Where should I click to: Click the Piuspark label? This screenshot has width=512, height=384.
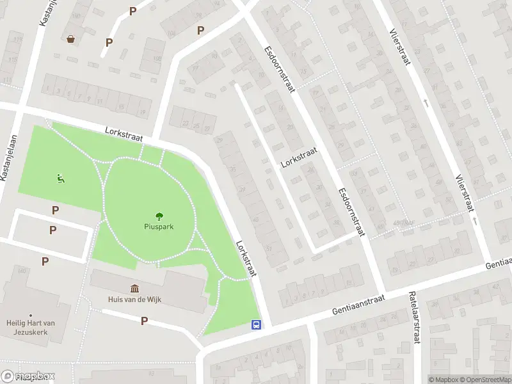(158, 226)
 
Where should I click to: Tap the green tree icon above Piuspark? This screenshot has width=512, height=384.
(158, 216)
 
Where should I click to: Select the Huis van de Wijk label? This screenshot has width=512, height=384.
(133, 299)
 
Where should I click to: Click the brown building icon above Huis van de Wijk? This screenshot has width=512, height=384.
(134, 289)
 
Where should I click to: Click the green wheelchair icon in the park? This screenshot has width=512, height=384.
(61, 179)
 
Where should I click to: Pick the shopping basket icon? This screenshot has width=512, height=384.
(70, 39)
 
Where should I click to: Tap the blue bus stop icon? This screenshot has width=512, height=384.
(256, 324)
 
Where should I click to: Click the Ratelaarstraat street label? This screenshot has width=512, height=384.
(414, 318)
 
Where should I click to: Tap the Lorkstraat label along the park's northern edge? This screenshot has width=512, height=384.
(124, 133)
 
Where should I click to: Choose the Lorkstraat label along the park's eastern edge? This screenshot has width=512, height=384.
(246, 258)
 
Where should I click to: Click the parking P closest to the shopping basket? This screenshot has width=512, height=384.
(109, 42)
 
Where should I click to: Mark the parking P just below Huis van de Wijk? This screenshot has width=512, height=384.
(144, 321)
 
